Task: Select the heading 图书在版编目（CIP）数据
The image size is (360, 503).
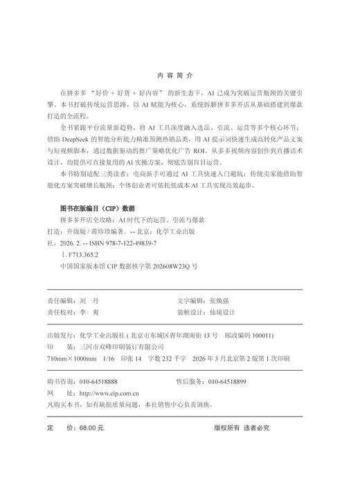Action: coord(96,208)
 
